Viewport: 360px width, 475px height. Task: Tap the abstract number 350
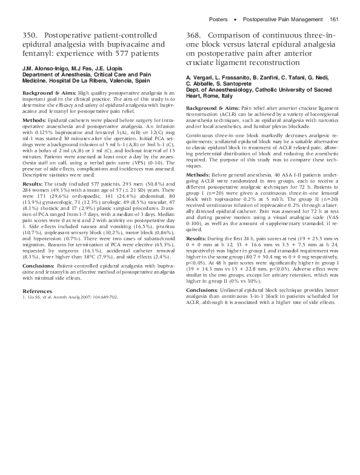(x=32, y=35)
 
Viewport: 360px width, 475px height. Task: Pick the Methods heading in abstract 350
(x=35, y=121)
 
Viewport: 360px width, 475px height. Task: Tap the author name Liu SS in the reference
(x=35, y=297)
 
